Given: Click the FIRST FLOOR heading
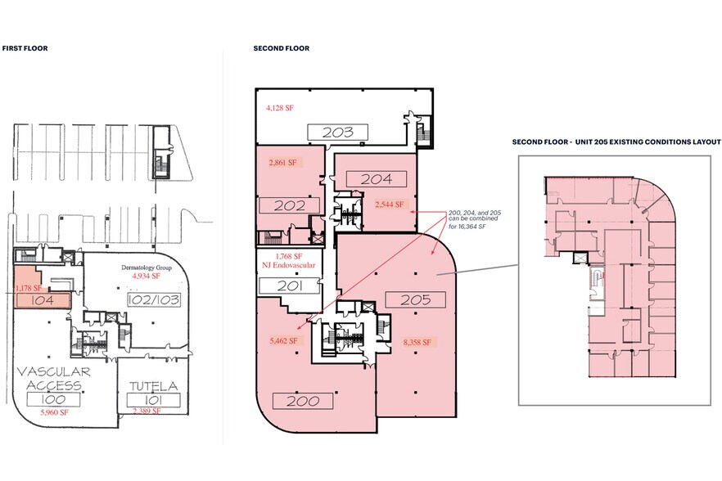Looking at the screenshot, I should click(25, 48).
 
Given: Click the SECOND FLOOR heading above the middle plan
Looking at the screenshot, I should click(282, 48).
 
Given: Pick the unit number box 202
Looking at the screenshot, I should click(288, 206).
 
